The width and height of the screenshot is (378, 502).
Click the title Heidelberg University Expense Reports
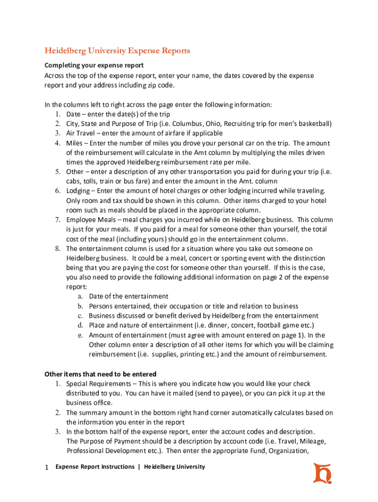coord(117,50)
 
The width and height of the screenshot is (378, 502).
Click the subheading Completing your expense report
coord(94,65)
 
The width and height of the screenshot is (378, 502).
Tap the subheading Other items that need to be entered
coord(101,374)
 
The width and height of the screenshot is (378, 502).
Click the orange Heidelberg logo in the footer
coord(323,473)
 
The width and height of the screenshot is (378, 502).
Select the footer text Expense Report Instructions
coord(95,467)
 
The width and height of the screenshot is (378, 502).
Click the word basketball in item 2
coord(313,124)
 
